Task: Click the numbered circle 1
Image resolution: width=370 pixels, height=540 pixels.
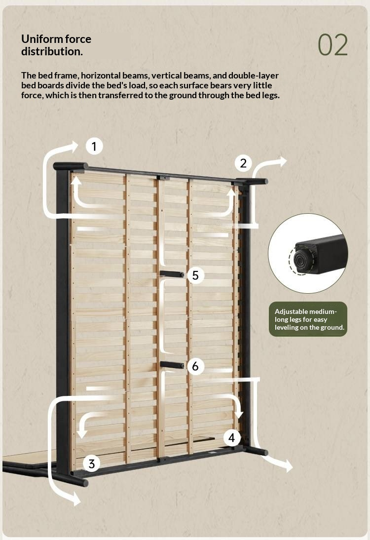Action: [94, 147]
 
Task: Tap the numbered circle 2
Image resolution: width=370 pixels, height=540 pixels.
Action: [243, 163]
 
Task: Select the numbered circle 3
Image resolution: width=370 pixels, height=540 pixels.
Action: [92, 463]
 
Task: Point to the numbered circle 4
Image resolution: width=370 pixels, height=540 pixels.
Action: [231, 437]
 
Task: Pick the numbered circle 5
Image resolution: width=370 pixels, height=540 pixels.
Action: [195, 275]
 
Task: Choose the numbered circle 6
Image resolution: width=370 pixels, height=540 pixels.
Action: [195, 366]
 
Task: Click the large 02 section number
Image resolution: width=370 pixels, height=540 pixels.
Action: [333, 45]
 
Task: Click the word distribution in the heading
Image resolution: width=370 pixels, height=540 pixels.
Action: [51, 52]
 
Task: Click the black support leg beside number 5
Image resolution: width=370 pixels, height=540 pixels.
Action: [172, 274]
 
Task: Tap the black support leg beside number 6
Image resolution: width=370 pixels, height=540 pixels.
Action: [172, 365]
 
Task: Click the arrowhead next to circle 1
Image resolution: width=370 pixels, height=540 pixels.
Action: [74, 147]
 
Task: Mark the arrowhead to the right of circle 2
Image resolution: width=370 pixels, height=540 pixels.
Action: [282, 161]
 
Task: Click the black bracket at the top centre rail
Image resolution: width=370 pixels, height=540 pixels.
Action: [164, 177]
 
